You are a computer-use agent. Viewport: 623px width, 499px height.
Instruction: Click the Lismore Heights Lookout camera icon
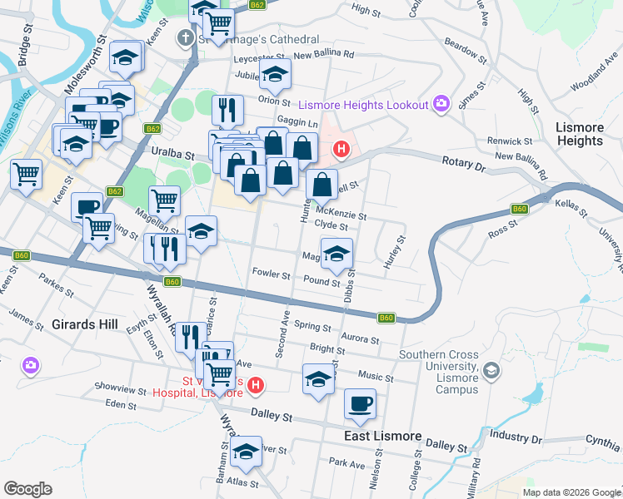tap(441, 104)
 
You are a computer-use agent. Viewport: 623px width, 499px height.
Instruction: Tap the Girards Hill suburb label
tap(84, 324)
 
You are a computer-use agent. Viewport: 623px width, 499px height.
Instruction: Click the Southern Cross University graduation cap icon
tap(491, 369)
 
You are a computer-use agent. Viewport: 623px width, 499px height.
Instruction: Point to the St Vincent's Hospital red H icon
tap(257, 386)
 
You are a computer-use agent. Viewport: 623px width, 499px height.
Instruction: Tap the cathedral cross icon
tap(185, 38)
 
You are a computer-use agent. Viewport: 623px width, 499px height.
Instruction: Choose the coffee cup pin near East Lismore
tap(360, 404)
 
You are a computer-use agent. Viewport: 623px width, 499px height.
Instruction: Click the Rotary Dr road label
tap(463, 165)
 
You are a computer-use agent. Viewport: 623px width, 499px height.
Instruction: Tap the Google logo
tap(28, 489)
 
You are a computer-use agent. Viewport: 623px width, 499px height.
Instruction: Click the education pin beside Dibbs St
tap(336, 254)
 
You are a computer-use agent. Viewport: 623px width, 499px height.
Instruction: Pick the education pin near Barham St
tap(247, 452)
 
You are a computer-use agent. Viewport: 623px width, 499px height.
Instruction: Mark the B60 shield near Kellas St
tap(520, 209)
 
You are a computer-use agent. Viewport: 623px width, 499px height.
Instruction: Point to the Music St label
tap(376, 376)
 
